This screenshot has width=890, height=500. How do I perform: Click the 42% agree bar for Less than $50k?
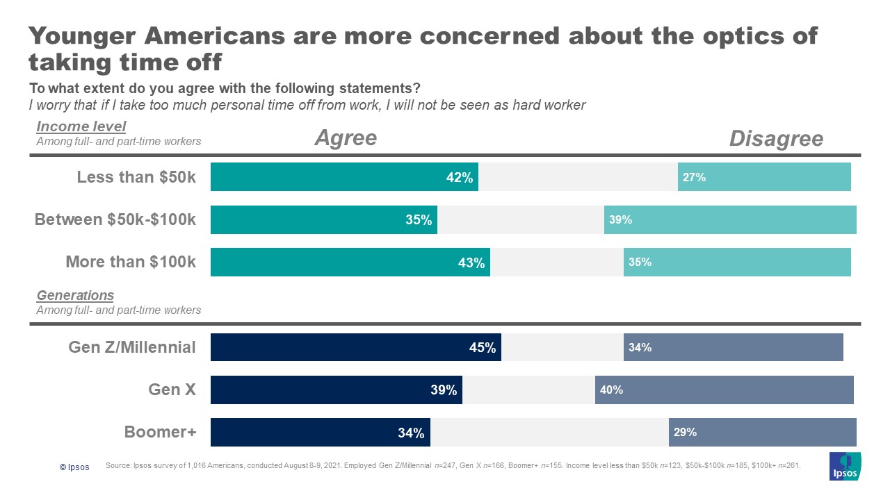(x=344, y=177)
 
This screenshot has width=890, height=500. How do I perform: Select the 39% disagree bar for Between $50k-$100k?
(x=730, y=219)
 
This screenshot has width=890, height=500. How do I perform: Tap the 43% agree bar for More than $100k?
(x=350, y=262)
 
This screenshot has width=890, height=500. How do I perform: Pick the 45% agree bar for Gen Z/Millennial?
(x=356, y=347)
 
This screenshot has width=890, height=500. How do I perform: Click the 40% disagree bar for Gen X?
(x=725, y=390)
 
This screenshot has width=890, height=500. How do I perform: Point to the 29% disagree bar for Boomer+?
(x=763, y=432)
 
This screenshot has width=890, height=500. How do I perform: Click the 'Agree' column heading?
(x=346, y=138)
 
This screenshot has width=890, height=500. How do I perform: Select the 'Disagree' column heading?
(x=776, y=139)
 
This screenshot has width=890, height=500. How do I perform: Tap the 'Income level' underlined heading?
(x=81, y=126)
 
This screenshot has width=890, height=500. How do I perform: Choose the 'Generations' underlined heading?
(x=75, y=296)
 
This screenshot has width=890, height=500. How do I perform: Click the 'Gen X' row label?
(x=172, y=390)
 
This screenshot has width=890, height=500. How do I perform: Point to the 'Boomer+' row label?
(x=161, y=432)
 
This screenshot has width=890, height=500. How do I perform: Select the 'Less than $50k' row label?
(x=136, y=177)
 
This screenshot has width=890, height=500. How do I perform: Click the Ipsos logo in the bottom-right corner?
(x=845, y=466)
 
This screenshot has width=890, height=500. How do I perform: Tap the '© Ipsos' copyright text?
(x=74, y=467)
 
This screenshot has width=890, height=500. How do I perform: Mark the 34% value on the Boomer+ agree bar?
(x=411, y=433)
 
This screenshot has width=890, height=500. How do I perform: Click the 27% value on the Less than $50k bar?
(x=694, y=177)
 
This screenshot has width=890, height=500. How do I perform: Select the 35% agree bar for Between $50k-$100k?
(x=324, y=219)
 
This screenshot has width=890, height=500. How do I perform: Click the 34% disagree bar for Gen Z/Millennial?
(x=734, y=347)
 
